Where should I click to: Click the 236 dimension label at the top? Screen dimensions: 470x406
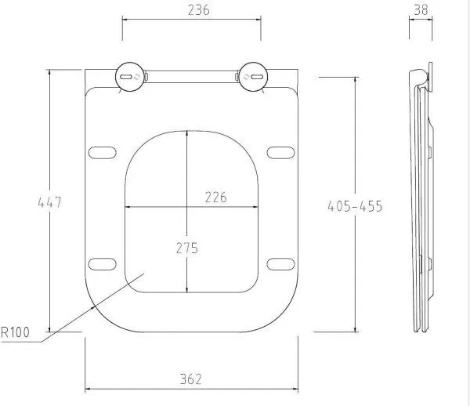(198, 10)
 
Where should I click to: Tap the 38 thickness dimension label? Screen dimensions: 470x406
(421, 10)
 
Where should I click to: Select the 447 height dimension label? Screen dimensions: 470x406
(50, 202)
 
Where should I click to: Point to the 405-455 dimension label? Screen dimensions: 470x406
(355, 206)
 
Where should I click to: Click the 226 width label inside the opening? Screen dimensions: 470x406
(216, 198)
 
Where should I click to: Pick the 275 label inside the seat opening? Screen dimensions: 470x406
(187, 248)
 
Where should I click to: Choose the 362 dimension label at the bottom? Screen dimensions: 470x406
(191, 379)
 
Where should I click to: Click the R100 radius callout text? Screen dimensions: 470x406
(16, 332)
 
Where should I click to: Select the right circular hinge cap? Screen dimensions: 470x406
(253, 77)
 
